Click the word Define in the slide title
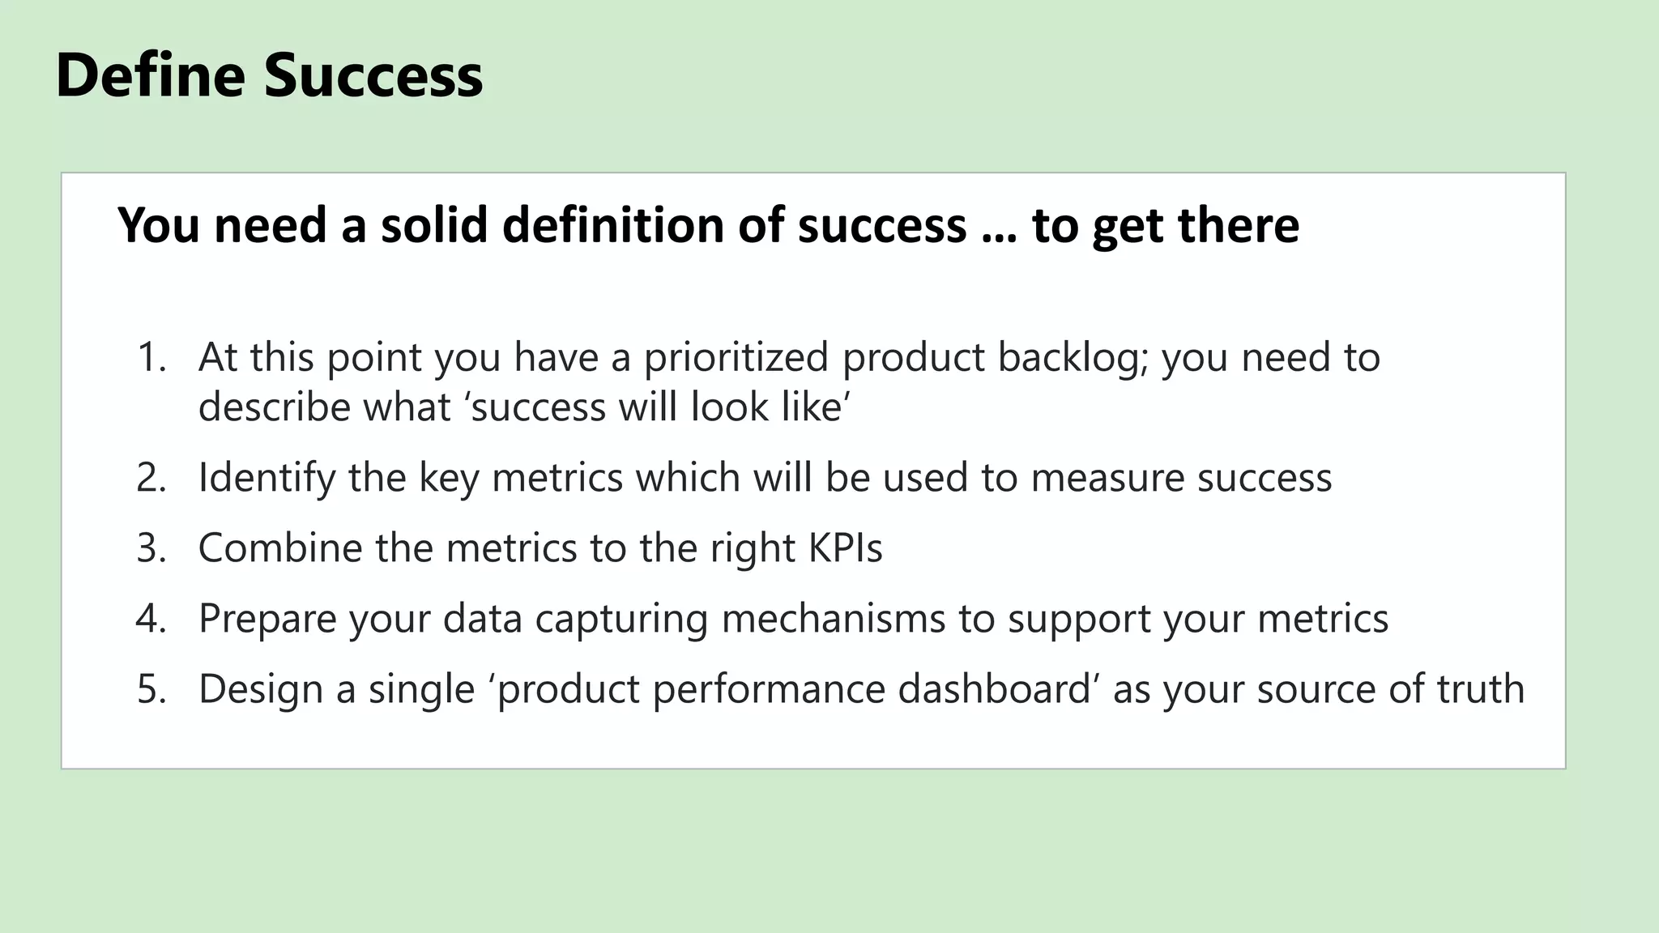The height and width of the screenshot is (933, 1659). pyautogui.click(x=150, y=75)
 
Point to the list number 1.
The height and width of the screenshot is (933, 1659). pyautogui.click(x=151, y=357)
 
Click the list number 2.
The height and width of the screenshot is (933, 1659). pyautogui.click(x=151, y=477)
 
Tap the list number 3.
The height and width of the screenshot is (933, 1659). pyautogui.click(x=151, y=547)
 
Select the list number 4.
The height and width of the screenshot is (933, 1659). pyautogui.click(x=151, y=618)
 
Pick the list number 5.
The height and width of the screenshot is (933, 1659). pyautogui.click(x=151, y=688)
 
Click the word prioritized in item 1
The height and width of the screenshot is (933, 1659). pyautogui.click(x=736, y=357)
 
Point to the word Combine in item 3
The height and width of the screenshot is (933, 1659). pyautogui.click(x=279, y=547)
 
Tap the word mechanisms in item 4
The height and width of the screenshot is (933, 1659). pyautogui.click(x=833, y=618)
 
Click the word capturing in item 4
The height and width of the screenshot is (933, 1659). pyautogui.click(x=621, y=620)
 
